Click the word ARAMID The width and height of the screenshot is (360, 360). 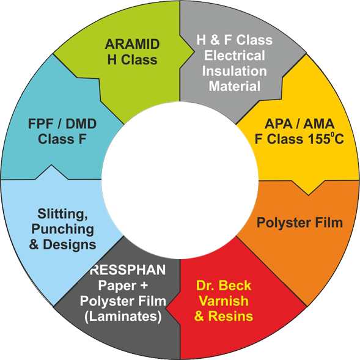(x=132, y=44)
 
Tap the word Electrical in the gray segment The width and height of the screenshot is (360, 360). (x=235, y=56)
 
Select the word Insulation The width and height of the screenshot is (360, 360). (x=235, y=71)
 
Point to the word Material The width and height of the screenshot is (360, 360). (x=235, y=86)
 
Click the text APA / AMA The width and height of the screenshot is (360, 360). (x=299, y=124)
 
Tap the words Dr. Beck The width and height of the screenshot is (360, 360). (x=224, y=285)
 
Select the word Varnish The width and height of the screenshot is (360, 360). (x=224, y=301)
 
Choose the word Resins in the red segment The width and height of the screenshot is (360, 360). (x=230, y=316)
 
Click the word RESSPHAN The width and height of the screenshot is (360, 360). (x=128, y=270)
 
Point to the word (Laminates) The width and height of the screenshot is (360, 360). (x=123, y=317)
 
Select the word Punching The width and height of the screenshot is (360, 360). (x=63, y=229)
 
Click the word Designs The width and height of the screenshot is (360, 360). (x=70, y=244)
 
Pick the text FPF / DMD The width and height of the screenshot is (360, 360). (x=62, y=124)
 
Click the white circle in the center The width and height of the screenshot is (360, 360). (x=180, y=180)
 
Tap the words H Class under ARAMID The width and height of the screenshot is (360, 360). (x=132, y=60)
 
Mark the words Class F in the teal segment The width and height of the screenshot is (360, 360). (x=62, y=139)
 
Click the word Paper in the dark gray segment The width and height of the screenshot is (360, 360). (x=117, y=286)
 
